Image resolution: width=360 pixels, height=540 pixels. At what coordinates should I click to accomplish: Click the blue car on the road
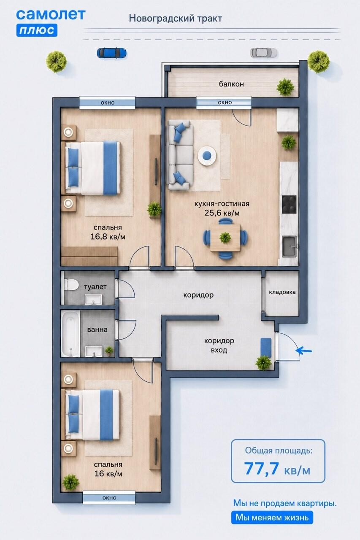point(112,53)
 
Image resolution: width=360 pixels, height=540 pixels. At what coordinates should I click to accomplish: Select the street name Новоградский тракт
point(175,19)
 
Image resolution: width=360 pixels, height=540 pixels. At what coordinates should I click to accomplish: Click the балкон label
point(231,84)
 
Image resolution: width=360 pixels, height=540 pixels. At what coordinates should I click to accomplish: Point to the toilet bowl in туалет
point(71,284)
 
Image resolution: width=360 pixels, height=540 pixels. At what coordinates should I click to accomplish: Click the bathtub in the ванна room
point(70,334)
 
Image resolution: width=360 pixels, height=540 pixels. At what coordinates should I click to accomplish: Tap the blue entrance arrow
point(303,350)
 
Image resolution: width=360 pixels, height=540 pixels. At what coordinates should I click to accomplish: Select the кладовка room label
point(282,292)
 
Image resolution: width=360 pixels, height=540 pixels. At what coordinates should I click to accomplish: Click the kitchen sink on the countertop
point(290,246)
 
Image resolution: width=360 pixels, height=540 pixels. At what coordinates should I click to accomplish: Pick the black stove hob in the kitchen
point(290,205)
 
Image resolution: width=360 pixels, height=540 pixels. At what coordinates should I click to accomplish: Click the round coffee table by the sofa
point(207,156)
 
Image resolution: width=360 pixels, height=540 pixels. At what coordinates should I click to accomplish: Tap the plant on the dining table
point(225,238)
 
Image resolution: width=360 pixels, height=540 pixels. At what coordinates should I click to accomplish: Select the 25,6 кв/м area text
point(222,213)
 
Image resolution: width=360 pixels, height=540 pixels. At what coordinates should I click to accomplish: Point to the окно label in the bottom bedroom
point(109,497)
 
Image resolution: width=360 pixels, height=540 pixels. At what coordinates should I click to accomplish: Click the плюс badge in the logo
point(37,30)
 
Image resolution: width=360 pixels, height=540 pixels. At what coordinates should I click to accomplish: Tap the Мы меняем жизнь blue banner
point(272,517)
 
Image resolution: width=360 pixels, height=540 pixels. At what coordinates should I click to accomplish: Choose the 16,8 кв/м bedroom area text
point(108,237)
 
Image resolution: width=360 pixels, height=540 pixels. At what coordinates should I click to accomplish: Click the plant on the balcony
point(285,87)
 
